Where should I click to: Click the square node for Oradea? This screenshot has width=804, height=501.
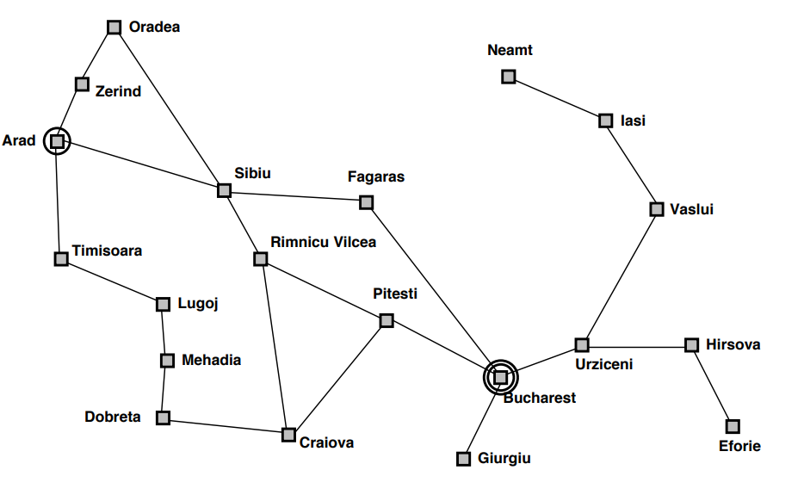click(x=114, y=28)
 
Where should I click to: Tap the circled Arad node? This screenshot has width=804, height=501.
click(x=57, y=140)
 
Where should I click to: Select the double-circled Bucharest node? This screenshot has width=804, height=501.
click(x=500, y=377)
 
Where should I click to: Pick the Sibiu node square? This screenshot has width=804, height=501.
click(x=224, y=190)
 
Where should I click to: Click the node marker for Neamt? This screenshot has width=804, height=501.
click(x=509, y=77)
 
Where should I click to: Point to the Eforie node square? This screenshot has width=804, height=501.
click(x=733, y=426)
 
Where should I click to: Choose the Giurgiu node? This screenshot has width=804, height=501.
click(x=464, y=459)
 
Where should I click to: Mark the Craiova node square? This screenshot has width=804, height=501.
click(x=289, y=435)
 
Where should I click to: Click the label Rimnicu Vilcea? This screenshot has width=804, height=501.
click(x=323, y=242)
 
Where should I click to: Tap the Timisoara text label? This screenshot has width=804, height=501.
click(x=107, y=251)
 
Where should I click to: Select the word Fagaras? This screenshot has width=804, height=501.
click(x=375, y=177)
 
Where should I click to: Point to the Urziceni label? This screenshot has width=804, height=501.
click(x=603, y=364)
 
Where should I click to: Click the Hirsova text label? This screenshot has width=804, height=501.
click(x=733, y=344)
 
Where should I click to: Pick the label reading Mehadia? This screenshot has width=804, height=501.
click(x=211, y=360)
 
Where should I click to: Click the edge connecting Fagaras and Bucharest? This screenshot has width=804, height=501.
click(x=433, y=289)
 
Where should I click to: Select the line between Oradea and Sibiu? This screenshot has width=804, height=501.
click(x=169, y=108)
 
